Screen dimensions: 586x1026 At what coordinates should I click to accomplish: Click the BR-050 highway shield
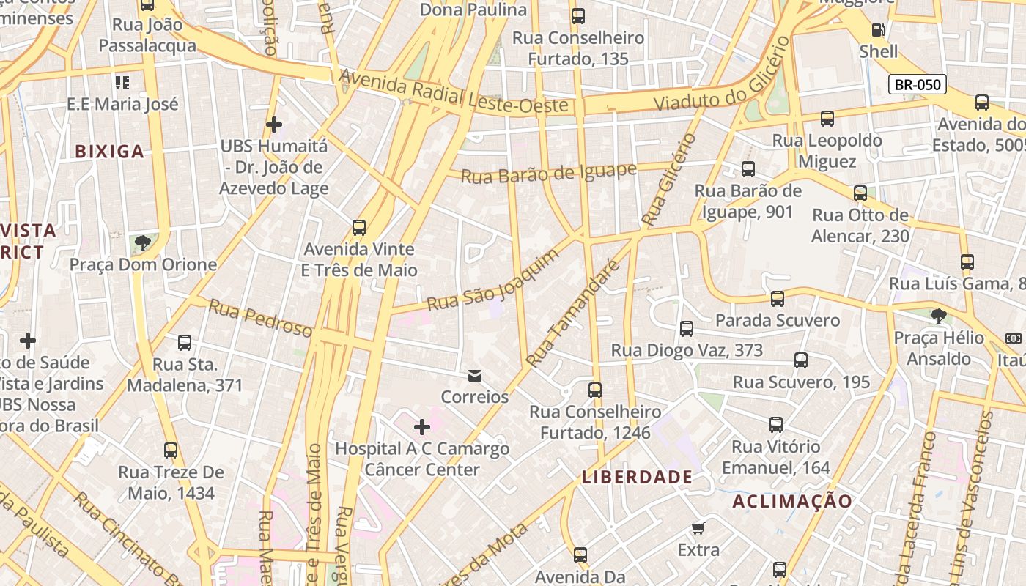coord(918,84)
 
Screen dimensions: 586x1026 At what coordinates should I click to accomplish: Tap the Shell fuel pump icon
coord(877,30)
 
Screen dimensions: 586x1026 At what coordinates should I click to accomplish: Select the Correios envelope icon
coord(475,376)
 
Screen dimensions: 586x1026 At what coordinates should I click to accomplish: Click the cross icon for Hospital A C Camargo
coord(422,426)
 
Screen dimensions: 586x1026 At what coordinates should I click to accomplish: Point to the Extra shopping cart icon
coord(698,528)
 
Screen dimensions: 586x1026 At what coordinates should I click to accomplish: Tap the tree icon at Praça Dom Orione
coord(143,242)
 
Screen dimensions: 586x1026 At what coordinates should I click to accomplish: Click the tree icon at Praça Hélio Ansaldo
coord(938,316)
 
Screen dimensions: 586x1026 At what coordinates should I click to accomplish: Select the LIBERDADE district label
coord(637,477)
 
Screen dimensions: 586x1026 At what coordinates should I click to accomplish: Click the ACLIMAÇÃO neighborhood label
coord(792,501)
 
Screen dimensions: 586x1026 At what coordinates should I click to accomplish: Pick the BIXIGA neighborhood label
coord(110,152)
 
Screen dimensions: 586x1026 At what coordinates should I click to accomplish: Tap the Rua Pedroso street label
coord(260,319)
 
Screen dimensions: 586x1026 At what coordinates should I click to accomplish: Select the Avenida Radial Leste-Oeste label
coord(454,92)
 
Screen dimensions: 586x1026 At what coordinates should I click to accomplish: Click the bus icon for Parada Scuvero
coord(777,299)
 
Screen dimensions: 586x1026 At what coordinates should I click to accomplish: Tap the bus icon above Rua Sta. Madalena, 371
coord(185,342)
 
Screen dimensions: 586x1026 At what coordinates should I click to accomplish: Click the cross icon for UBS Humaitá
coord(274,125)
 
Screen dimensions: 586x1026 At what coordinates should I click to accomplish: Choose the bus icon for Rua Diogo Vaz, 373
coord(687,329)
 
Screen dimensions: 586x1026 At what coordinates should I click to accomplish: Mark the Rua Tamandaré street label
coord(573,314)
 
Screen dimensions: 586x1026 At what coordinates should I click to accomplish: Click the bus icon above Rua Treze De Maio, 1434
coord(171,450)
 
